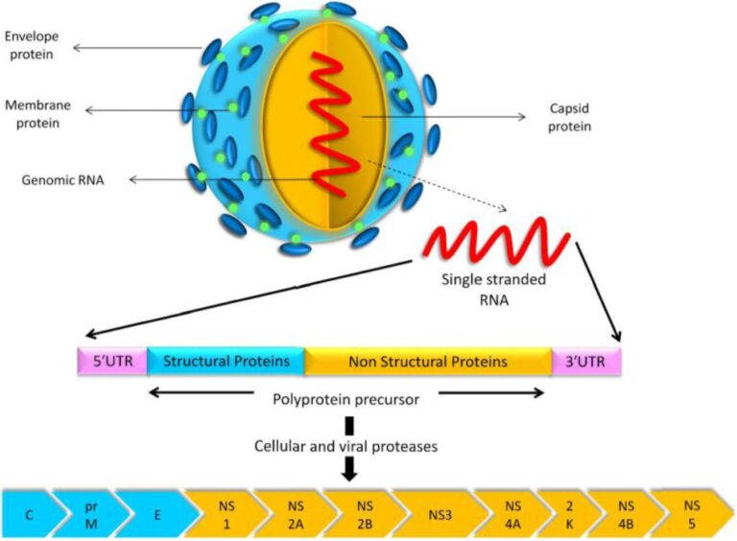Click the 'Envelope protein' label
[32, 45]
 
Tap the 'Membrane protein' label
[37, 114]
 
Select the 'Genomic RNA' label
[62, 180]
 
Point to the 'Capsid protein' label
[569, 117]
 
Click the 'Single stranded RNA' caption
[493, 290]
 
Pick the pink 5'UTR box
[112, 361]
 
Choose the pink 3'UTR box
[586, 362]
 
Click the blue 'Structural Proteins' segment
[226, 361]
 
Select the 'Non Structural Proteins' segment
[428, 362]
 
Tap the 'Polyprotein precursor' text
[345, 400]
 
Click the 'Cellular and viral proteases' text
[345, 446]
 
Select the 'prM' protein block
[90, 514]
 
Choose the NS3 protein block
[440, 515]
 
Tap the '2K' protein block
[569, 515]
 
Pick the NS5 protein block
[691, 515]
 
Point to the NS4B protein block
[625, 515]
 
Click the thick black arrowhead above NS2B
[349, 470]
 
